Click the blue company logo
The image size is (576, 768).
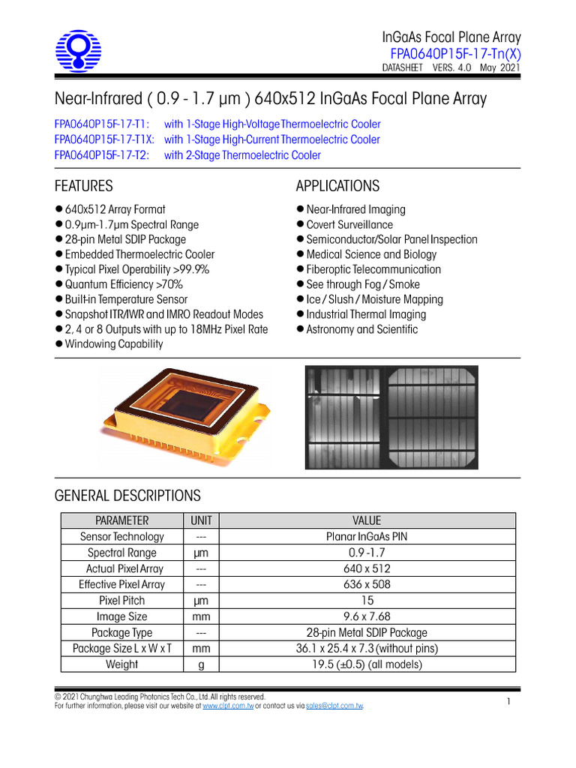click(x=79, y=52)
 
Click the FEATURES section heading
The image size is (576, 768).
click(x=84, y=186)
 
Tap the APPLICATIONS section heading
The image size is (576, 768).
click(x=337, y=186)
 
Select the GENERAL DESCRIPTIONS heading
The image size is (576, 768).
click(x=127, y=496)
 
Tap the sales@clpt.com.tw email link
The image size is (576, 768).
click(x=334, y=706)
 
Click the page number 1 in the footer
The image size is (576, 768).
click(x=508, y=701)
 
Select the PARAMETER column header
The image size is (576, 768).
click(x=121, y=520)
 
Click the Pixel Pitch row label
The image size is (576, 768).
click(x=121, y=601)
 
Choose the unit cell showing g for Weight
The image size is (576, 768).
click(x=201, y=664)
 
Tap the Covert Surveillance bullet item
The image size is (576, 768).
click(x=349, y=224)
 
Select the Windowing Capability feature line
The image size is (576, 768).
click(x=113, y=344)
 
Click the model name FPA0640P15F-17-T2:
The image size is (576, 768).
click(x=102, y=155)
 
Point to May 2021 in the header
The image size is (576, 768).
click(x=499, y=67)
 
